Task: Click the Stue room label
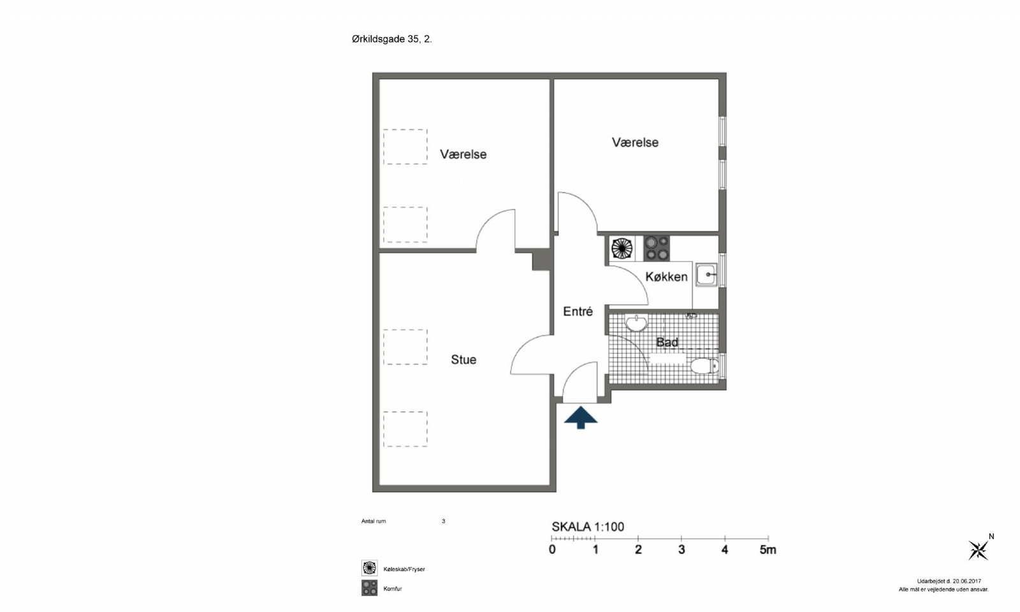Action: coord(463,360)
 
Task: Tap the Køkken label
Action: coord(666,277)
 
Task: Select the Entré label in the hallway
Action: coord(578,312)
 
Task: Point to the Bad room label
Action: coord(667,342)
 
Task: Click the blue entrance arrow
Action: coord(581,418)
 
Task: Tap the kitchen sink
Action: coord(706,275)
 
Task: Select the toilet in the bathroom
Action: coord(704,366)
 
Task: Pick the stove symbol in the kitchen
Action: coord(657,248)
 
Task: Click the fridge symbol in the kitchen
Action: coord(622,248)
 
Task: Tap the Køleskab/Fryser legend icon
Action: coord(369,568)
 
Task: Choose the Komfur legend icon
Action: coord(369,588)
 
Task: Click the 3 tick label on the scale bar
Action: coord(681,550)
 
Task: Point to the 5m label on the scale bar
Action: coord(768,550)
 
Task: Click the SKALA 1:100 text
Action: coord(588,527)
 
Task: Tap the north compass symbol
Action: coord(979,550)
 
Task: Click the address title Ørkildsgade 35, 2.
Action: coord(391,39)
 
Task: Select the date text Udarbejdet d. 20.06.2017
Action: coord(949,581)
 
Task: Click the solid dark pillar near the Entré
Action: coord(543,260)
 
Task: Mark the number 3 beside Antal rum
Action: coord(443,521)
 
